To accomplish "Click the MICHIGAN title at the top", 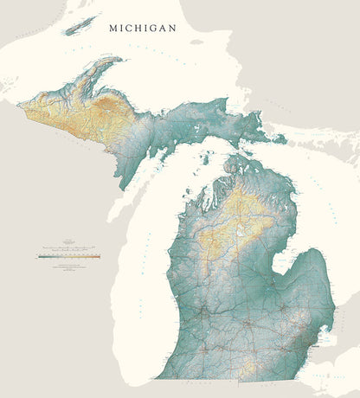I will (x=142, y=28).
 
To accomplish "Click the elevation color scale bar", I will (x=69, y=256).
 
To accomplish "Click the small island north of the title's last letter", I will (x=197, y=41).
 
